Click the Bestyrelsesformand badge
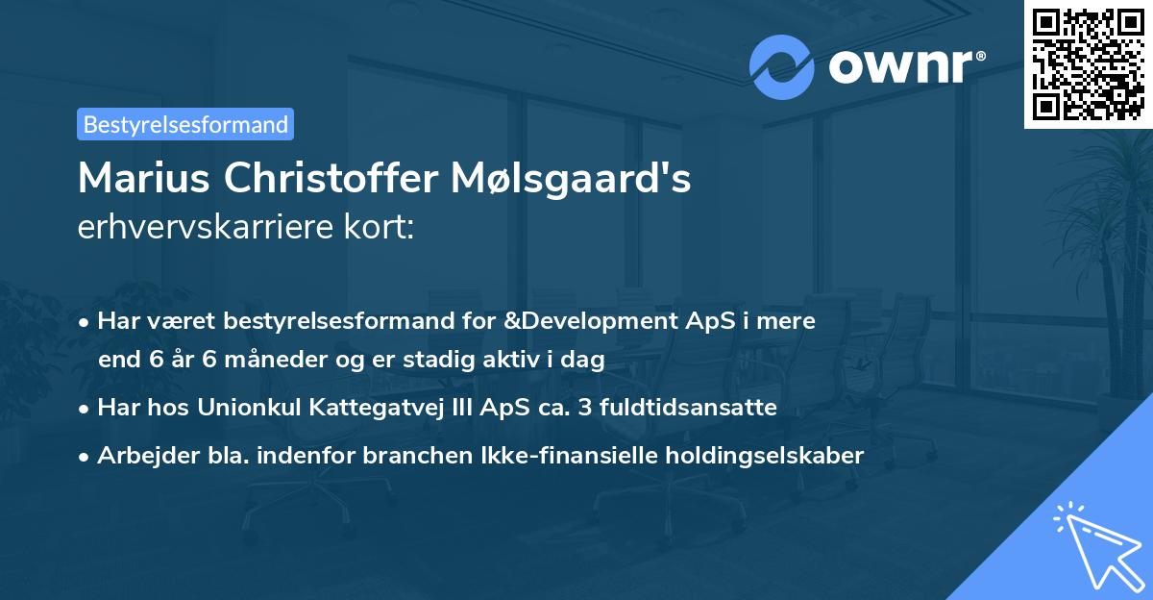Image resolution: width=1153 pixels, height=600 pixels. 185,124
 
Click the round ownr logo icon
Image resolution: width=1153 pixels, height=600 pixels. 782,66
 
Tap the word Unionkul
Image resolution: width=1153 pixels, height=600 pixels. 243,408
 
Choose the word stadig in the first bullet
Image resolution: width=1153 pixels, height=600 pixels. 473,361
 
